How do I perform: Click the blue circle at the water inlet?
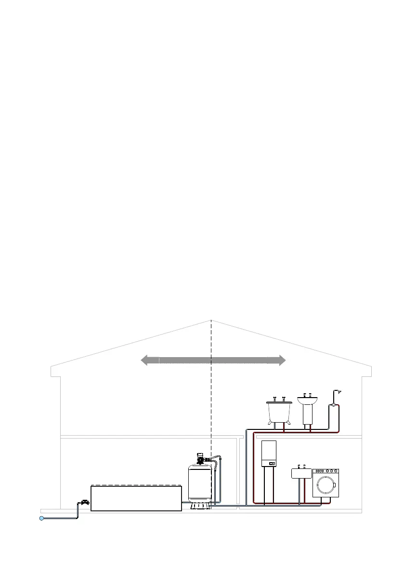42,518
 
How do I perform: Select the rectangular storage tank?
136,498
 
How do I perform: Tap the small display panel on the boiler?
272,464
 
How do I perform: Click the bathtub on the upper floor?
279,411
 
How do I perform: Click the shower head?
338,391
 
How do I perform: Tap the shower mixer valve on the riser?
332,406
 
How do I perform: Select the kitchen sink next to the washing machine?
301,473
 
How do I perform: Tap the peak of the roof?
211,320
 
